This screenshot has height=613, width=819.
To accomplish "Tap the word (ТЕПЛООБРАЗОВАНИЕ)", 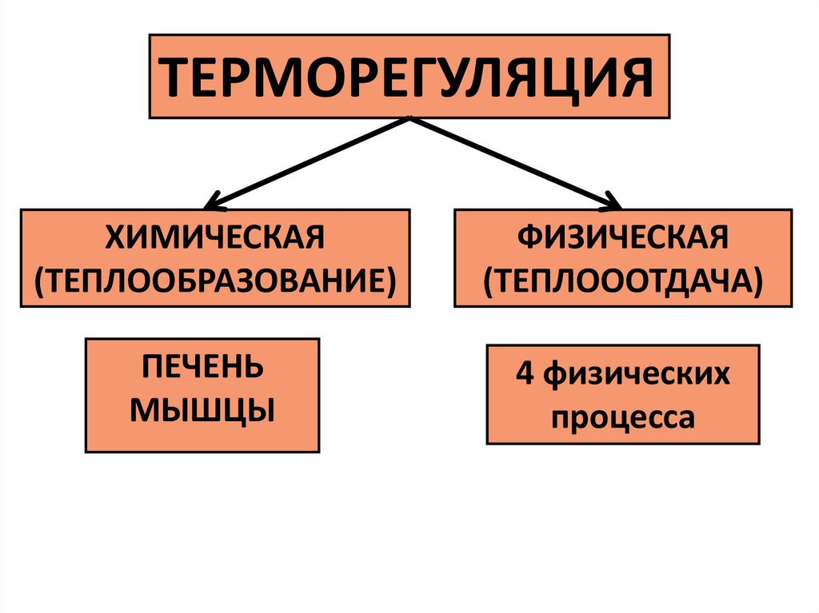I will pyautogui.click(x=214, y=279).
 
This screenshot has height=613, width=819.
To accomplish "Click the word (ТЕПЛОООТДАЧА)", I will pyautogui.click(x=623, y=279).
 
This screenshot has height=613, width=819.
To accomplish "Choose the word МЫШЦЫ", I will pyautogui.click(x=202, y=411).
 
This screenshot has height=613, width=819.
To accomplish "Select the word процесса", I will pyautogui.click(x=623, y=416).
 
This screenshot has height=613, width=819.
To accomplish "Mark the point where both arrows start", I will pyautogui.click(x=409, y=119).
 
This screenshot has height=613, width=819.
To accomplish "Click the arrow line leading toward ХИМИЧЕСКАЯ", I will pyautogui.click(x=312, y=160).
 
